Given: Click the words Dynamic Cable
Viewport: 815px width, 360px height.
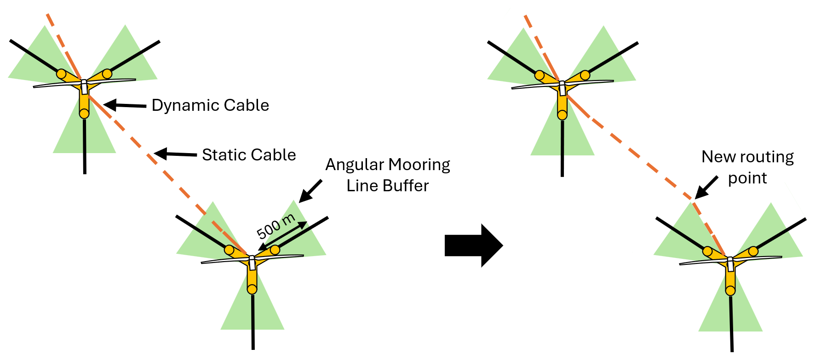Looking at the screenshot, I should tap(210, 105).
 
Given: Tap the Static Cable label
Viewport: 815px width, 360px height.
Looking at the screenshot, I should tap(249, 155).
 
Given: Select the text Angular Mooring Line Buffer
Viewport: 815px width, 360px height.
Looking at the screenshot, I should tap(388, 175).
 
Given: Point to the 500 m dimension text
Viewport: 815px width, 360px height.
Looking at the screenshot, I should tap(275, 226).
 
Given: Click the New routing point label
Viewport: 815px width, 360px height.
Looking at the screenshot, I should tap(747, 167).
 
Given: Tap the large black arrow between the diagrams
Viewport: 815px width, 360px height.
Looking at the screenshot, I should tap(473, 246).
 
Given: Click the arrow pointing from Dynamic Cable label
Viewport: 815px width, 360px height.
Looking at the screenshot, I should tap(125, 105).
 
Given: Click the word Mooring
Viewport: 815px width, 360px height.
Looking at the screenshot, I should tap(419, 165).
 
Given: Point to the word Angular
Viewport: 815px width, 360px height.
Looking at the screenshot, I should tap(355, 165).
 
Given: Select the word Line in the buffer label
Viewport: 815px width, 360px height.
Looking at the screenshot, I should tap(362, 186).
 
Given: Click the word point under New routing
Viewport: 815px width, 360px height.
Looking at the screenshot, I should tap(747, 178).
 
